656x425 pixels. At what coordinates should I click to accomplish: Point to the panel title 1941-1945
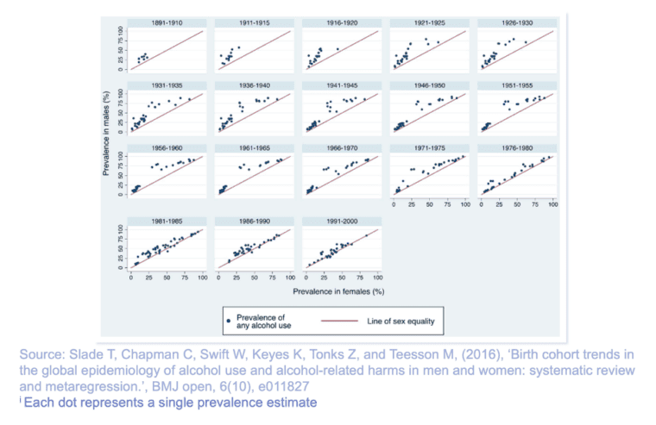click(x=341, y=86)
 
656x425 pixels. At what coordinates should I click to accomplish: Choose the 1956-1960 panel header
click(x=167, y=147)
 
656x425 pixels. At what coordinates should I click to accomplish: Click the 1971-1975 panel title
click(x=428, y=147)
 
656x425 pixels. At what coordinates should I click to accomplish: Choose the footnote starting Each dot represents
click(x=170, y=403)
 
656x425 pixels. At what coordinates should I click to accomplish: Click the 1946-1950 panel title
click(x=428, y=86)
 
